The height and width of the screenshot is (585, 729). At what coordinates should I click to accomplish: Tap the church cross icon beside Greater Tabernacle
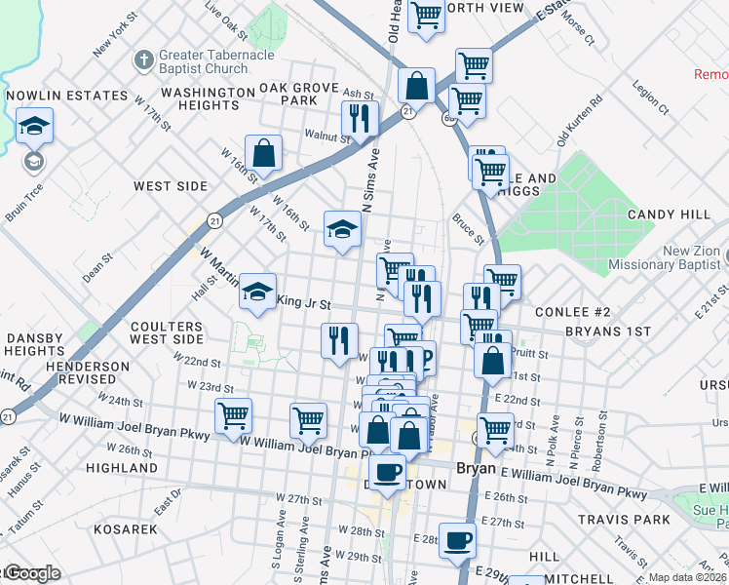[x=142, y=60]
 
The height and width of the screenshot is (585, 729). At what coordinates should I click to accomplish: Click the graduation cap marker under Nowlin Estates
[x=34, y=127]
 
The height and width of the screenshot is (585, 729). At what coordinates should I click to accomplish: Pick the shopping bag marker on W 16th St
[x=263, y=153]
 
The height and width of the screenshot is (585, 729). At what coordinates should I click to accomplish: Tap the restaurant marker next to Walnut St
[x=360, y=119]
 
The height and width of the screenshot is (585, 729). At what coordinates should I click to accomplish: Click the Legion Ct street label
[x=650, y=98]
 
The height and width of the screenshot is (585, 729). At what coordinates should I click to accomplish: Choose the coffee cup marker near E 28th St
[x=457, y=540]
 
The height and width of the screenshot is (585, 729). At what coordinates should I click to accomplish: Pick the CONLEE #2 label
[x=573, y=312]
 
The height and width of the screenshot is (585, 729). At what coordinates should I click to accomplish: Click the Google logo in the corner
[x=31, y=574]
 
